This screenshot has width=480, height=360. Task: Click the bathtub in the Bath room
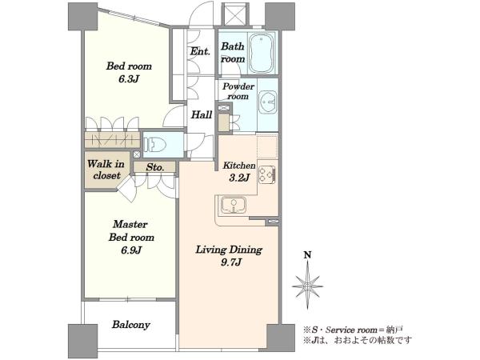(261, 53)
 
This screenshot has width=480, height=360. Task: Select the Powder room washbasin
(268, 102)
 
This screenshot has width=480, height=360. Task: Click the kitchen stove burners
(266, 174)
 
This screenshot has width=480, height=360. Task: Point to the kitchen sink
(234, 205)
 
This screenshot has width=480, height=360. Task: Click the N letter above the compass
(307, 255)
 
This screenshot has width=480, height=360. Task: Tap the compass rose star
(307, 286)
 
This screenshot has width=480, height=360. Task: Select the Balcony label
(130, 325)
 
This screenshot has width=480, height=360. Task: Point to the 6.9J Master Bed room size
(131, 250)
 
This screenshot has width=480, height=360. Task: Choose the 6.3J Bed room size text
(129, 79)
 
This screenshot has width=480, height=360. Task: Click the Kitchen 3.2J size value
(239, 178)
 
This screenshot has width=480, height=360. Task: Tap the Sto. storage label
(155, 167)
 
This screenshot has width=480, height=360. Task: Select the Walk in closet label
(106, 170)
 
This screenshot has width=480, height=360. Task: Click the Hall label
(202, 115)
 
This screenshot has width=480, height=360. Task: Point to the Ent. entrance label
(200, 51)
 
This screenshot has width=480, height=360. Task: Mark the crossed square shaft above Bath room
(234, 14)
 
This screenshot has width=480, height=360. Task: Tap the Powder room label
(238, 91)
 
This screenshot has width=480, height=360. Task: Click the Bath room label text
(233, 53)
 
